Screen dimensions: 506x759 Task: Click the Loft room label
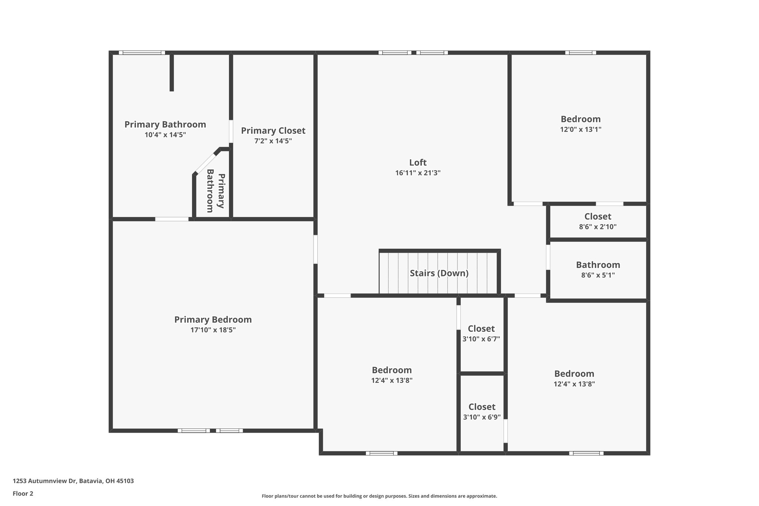click(418, 162)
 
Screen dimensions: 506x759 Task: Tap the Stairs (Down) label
click(439, 273)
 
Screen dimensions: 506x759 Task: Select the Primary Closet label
click(273, 130)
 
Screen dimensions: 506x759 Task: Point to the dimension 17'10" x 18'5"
click(213, 330)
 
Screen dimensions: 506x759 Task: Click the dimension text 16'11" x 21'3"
click(418, 173)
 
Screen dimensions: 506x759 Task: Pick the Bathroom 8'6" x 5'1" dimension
click(598, 275)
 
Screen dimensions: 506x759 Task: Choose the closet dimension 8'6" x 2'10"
click(598, 227)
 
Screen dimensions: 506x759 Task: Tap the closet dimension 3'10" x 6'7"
click(481, 339)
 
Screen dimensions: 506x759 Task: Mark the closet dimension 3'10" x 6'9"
click(482, 417)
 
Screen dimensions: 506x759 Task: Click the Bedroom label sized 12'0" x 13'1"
click(580, 119)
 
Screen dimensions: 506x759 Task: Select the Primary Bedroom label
click(213, 320)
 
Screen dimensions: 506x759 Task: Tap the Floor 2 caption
click(23, 493)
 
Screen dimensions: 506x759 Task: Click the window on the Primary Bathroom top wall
click(142, 53)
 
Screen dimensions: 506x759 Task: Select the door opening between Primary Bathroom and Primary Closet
click(231, 131)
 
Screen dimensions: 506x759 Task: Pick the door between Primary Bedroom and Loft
click(315, 249)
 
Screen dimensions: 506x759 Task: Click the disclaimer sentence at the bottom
click(379, 496)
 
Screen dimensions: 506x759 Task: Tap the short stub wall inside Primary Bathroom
click(172, 73)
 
